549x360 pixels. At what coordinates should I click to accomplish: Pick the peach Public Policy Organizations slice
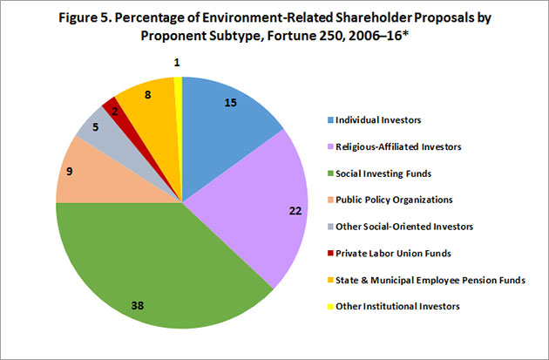(x=87, y=179)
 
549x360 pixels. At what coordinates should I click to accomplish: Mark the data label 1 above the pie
(x=177, y=62)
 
